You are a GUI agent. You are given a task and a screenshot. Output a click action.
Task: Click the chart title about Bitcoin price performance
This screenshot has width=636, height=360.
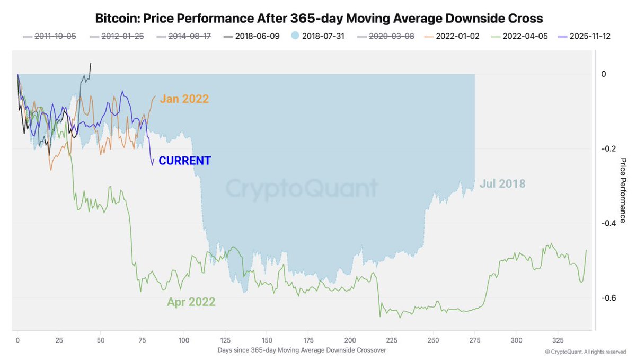319,19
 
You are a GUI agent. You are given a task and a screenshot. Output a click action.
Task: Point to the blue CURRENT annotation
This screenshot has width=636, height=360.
185,161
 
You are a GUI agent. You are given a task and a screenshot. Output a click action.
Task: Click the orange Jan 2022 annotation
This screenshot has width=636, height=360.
184,99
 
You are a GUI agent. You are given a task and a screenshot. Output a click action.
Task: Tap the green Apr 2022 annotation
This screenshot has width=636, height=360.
191,302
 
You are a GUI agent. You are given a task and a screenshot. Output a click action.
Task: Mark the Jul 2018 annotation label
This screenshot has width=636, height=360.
502,184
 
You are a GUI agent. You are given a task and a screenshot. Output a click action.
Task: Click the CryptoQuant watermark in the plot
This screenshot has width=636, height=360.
302,188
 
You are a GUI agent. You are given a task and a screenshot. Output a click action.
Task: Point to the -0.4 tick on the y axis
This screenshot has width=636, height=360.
607,223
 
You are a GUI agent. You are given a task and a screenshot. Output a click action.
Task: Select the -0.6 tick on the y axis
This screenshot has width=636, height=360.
607,298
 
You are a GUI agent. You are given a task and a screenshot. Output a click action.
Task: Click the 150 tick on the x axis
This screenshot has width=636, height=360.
267,340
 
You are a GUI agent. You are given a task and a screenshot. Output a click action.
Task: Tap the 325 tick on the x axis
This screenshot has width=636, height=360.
558,340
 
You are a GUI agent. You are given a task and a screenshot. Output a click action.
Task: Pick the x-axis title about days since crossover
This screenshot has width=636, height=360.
301,350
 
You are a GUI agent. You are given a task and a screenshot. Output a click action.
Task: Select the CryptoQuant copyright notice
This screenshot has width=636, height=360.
585,352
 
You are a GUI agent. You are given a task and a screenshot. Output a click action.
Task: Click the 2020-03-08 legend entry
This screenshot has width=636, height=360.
391,36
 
